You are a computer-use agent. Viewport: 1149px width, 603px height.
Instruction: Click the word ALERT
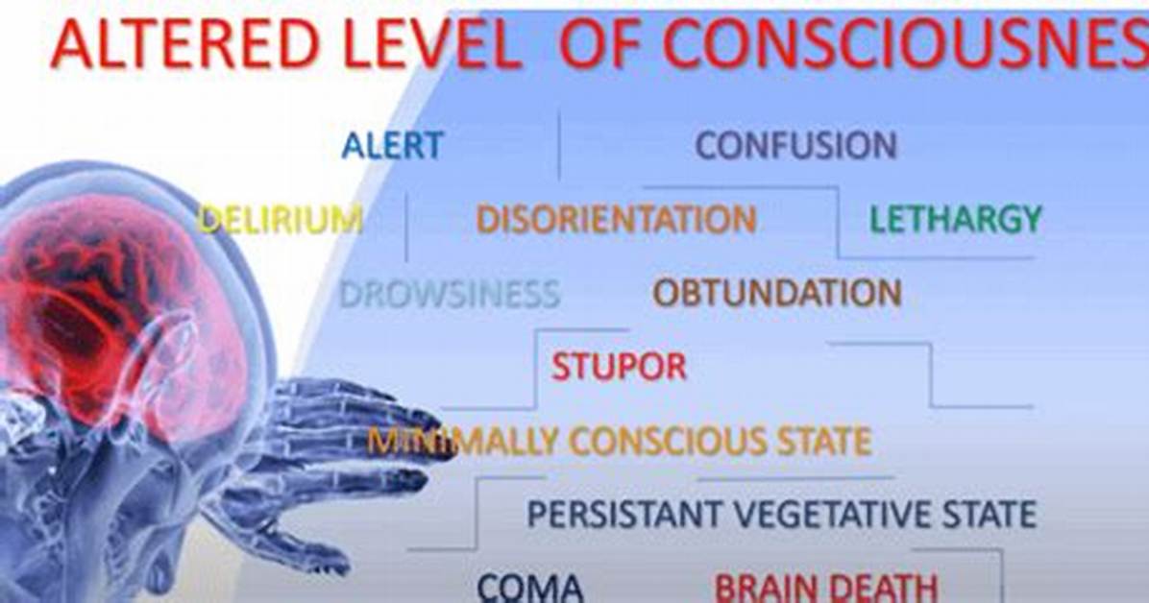click(393, 145)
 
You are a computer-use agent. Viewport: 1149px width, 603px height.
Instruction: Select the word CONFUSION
click(795, 145)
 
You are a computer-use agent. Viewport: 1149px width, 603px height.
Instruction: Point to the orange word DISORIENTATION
click(616, 219)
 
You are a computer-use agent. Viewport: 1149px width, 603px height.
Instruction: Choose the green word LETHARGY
click(956, 219)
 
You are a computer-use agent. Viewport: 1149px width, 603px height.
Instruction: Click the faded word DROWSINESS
click(450, 294)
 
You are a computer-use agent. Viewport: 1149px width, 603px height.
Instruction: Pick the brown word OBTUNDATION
click(777, 293)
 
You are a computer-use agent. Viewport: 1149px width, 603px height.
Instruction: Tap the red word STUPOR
click(620, 367)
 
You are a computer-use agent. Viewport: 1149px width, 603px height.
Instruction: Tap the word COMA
click(530, 588)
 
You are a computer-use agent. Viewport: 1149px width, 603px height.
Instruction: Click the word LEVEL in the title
click(425, 44)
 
